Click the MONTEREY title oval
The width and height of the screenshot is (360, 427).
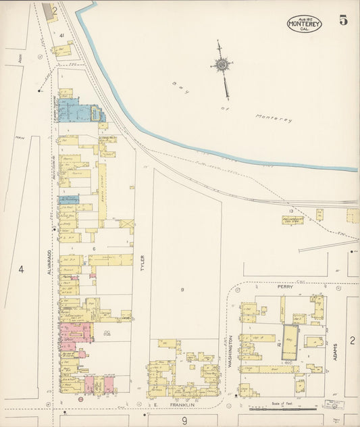click(304, 24)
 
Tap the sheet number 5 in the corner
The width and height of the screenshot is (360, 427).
click(344, 20)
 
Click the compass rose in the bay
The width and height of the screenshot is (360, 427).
click(221, 65)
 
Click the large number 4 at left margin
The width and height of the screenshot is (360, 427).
click(21, 270)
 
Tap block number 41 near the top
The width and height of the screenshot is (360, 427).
click(61, 34)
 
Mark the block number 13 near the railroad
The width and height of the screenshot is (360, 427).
click(291, 211)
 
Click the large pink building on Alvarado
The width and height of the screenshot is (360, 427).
click(76, 332)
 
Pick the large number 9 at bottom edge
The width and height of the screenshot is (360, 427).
click(184, 420)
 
